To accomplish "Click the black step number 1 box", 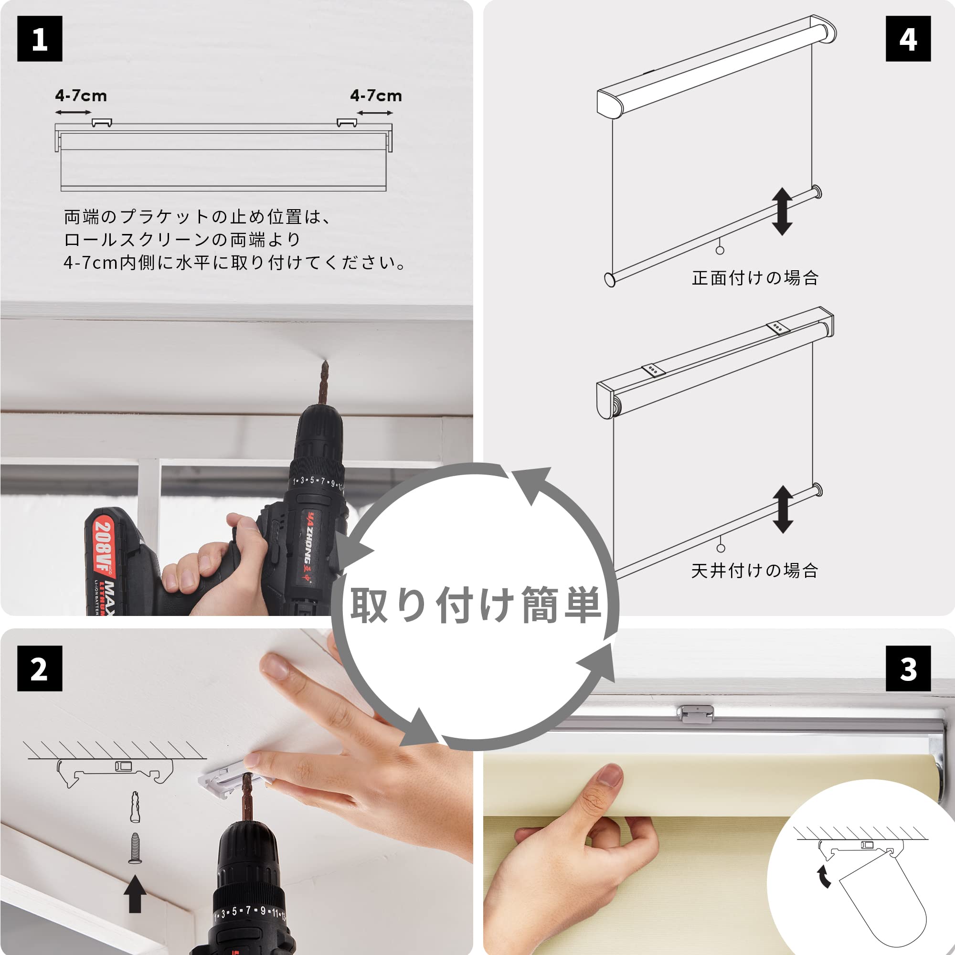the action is click(x=40, y=39).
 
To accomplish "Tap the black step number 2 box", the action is click(x=40, y=669).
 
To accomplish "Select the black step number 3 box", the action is click(x=908, y=669).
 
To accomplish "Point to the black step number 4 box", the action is click(x=908, y=39).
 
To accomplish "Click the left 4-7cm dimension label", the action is click(x=81, y=95).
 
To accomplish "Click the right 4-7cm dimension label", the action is click(x=376, y=95).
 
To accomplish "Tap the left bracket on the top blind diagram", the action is click(x=102, y=123).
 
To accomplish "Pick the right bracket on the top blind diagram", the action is click(x=347, y=123).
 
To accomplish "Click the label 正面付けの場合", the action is click(x=755, y=278).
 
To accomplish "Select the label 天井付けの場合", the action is click(x=755, y=571).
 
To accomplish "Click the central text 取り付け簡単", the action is click(x=476, y=605).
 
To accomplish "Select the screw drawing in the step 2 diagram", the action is click(x=135, y=848).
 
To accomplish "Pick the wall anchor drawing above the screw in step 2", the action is click(x=135, y=806).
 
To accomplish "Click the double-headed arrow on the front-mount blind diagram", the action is click(x=782, y=212).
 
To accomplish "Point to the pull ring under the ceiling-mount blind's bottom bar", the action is click(x=721, y=548).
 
